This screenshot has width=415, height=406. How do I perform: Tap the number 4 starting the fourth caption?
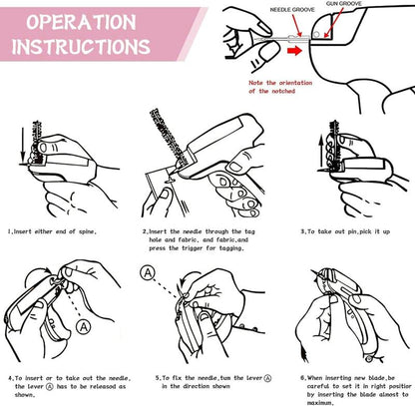pyautogui.click(x=10, y=378)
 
